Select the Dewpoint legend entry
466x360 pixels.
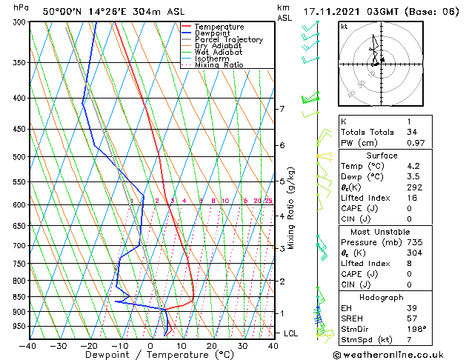click(x=213, y=33)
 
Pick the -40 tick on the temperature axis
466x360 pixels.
click(x=28, y=345)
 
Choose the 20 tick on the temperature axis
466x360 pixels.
click(x=212, y=345)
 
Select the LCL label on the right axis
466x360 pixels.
click(x=291, y=333)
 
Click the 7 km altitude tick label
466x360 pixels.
click(x=282, y=110)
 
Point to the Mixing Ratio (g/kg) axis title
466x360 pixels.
click(x=291, y=208)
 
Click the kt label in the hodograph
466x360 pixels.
click(x=344, y=26)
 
